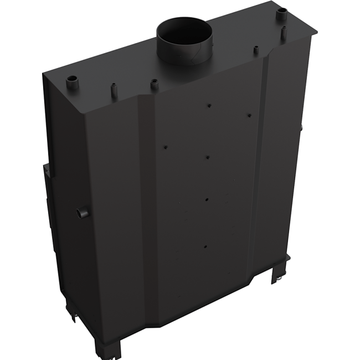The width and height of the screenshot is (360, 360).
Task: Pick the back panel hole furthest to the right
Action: point(249,115)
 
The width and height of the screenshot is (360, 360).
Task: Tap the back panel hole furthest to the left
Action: point(165,147)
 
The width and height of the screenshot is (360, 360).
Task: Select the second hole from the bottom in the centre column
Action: point(206,201)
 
